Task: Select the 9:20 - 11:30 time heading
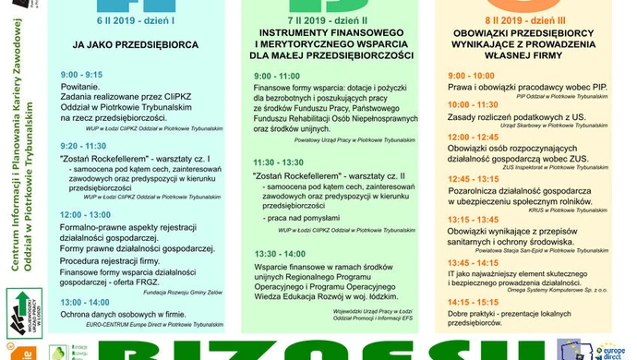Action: click(x=83, y=146)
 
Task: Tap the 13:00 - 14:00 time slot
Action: click(x=84, y=302)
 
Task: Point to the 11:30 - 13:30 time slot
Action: click(x=278, y=162)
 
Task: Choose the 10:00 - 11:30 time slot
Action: click(x=473, y=105)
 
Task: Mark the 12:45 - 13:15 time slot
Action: click(x=473, y=178)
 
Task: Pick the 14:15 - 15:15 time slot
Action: click(x=473, y=301)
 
